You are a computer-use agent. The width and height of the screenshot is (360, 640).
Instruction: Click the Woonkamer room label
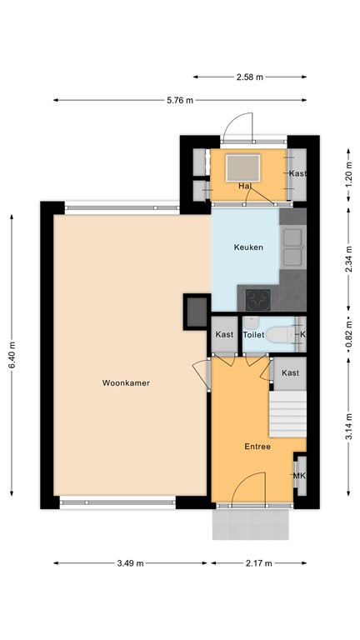tap(126, 383)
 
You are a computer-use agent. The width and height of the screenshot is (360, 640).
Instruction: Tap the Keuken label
tap(248, 247)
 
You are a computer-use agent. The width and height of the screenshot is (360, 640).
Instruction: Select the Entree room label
tap(257, 446)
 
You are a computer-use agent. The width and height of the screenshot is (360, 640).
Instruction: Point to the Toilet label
tap(253, 335)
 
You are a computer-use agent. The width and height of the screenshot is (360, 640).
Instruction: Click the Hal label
tap(245, 185)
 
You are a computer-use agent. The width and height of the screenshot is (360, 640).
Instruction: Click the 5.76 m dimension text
tap(179, 100)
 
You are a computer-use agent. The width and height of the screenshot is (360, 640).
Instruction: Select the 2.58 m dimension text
tap(248, 77)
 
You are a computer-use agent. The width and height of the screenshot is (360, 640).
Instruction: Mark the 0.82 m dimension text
tap(348, 333)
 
